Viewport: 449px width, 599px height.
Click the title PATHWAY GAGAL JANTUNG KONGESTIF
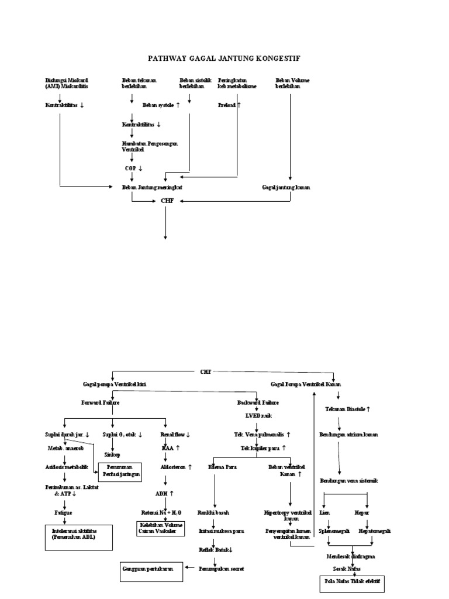pyautogui.click(x=225, y=58)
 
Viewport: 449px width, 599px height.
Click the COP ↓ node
pyautogui.click(x=133, y=168)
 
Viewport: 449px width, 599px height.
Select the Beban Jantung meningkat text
pyautogui.click(x=156, y=187)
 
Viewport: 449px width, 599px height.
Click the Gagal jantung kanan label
pyautogui.click(x=286, y=187)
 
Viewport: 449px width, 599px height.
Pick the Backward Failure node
pyautogui.click(x=258, y=403)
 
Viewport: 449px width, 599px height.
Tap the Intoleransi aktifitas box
pyautogui.click(x=78, y=537)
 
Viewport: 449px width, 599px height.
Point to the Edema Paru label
pyautogui.click(x=219, y=467)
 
